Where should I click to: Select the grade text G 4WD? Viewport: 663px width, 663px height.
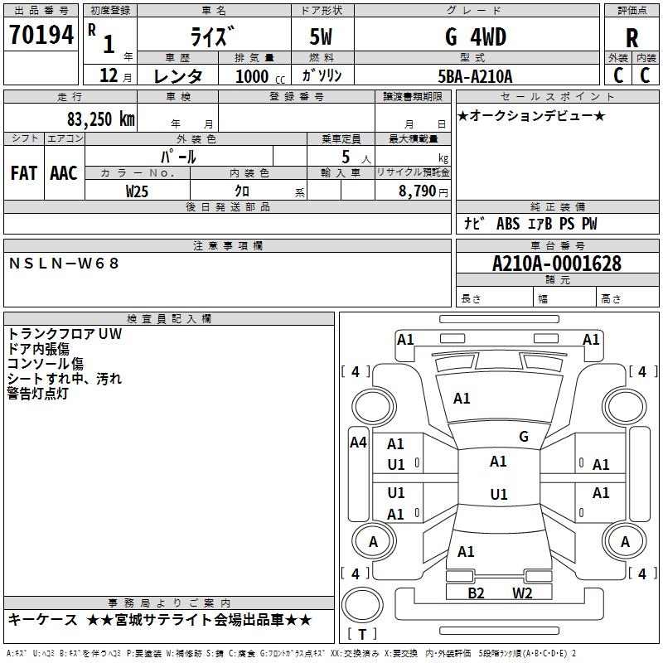tap(477, 37)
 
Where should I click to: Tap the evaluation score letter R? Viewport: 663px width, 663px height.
tap(632, 38)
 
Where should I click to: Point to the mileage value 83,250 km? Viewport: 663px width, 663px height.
tap(101, 119)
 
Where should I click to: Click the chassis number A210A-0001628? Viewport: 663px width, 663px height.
tap(556, 264)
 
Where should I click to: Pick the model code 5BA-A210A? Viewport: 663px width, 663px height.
tap(475, 76)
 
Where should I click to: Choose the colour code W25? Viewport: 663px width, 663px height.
tap(138, 191)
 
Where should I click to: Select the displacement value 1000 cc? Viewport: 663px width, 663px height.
tap(258, 76)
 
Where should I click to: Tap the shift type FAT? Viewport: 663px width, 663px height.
tap(23, 173)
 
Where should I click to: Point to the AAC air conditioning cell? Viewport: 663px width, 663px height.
tap(64, 173)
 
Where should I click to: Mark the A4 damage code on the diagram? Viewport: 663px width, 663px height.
tap(358, 443)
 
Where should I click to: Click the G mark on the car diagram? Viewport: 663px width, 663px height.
tap(524, 437)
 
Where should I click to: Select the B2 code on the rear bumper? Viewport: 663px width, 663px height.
tap(476, 593)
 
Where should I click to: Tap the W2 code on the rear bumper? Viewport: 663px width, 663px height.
tap(521, 593)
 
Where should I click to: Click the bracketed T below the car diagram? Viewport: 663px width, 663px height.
tap(362, 635)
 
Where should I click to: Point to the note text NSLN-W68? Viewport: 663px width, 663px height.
tap(65, 263)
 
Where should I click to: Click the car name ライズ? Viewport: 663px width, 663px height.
tap(212, 37)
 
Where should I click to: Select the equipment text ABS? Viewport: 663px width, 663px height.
tap(507, 224)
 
